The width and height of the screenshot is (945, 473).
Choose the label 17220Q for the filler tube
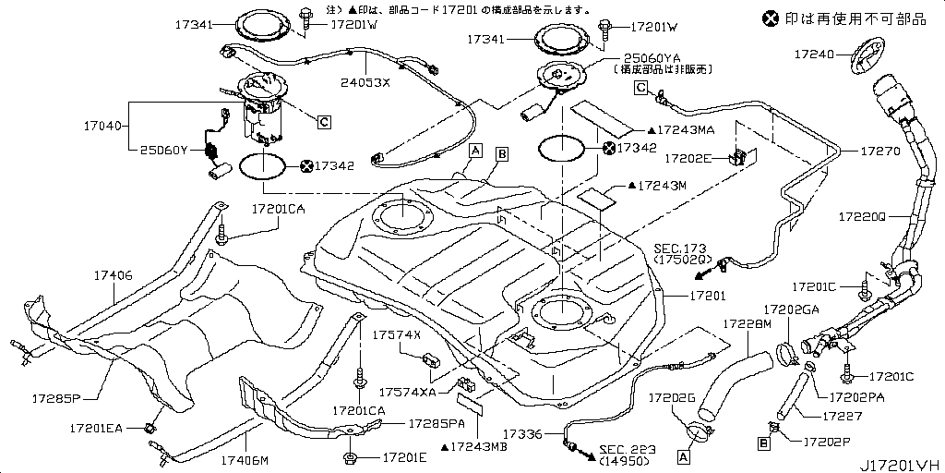tap(862, 218)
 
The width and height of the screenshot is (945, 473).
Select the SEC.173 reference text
tap(680, 249)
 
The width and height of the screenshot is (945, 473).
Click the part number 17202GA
tap(791, 309)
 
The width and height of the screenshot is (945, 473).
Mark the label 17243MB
tap(474, 447)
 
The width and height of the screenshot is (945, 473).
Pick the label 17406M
tap(245, 459)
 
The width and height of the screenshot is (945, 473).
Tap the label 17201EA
tap(94, 429)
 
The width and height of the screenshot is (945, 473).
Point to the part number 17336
tap(523, 433)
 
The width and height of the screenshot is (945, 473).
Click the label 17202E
tap(688, 158)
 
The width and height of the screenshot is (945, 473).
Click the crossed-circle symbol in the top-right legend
tap(769, 18)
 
